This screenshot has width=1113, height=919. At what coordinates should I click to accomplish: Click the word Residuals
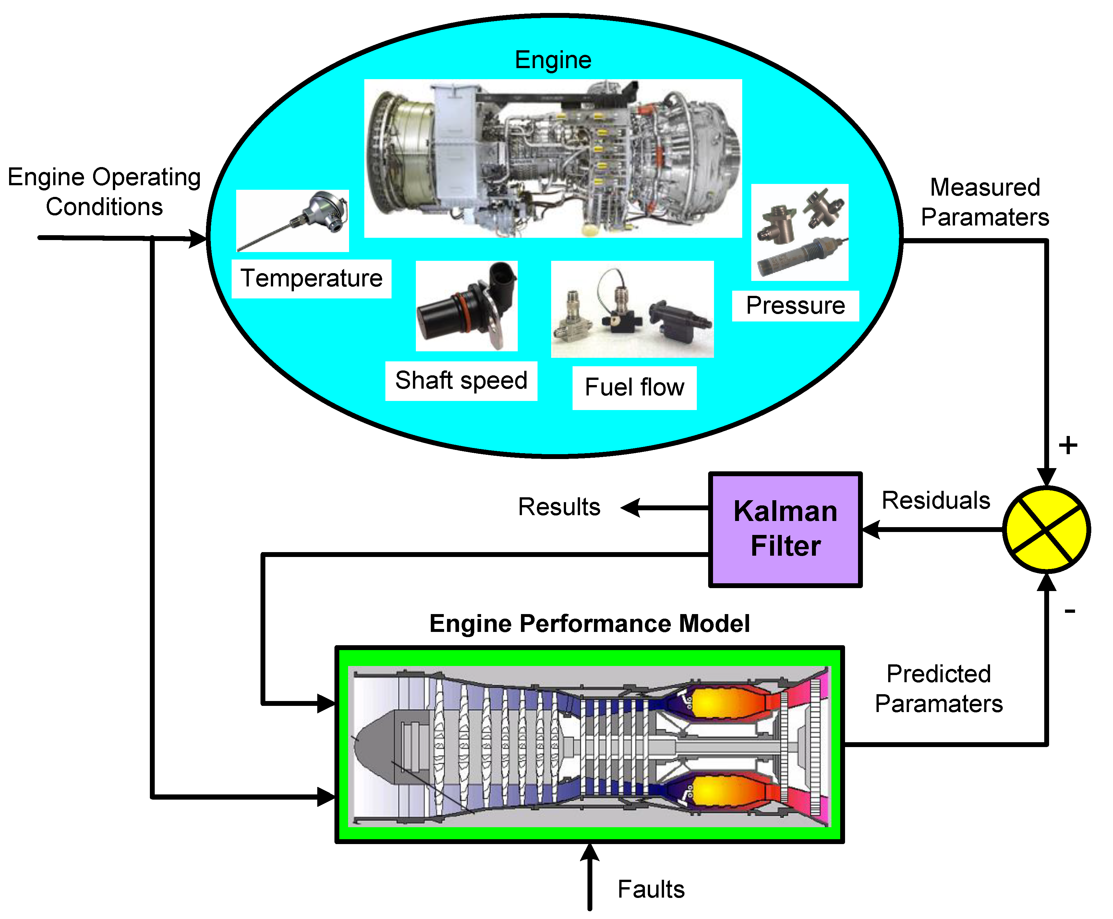tap(935, 500)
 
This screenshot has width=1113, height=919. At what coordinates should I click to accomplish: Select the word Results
tap(559, 507)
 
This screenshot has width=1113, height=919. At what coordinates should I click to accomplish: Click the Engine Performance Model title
tap(589, 623)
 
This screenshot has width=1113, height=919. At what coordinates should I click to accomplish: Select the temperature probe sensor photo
tap(292, 221)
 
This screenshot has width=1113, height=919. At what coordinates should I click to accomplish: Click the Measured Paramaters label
tap(985, 202)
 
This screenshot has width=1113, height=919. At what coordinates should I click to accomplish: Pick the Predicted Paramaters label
tap(938, 688)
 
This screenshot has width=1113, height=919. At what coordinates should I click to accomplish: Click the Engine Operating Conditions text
tap(104, 192)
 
